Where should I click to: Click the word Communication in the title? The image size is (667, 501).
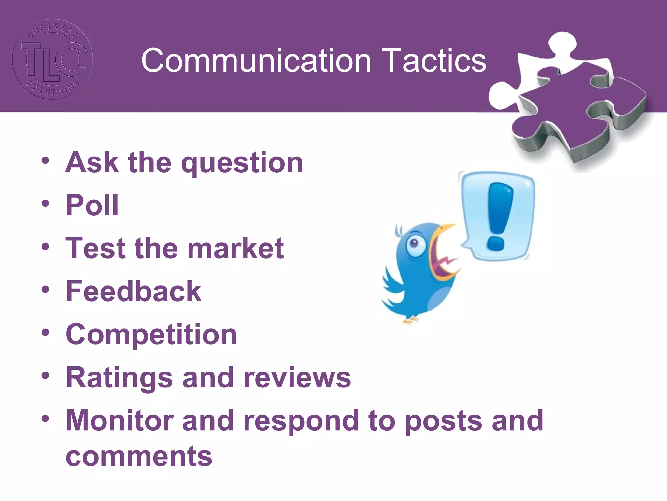tap(256, 61)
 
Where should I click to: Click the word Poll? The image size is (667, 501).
tap(92, 205)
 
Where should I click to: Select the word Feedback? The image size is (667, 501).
tap(134, 291)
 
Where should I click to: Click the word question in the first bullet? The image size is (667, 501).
tap(242, 163)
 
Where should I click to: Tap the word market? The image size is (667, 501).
tap(235, 249)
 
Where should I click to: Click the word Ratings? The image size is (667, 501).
tap(119, 377)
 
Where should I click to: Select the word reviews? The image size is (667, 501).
tap(297, 377)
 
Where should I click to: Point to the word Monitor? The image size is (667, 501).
tap(119, 420)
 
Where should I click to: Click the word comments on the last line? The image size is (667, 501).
tap(139, 456)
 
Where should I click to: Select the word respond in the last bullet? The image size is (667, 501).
tap(301, 421)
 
